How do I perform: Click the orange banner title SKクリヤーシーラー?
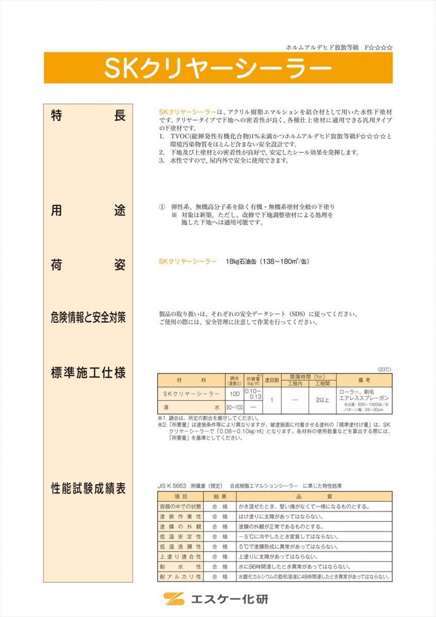pyautogui.click(x=217, y=68)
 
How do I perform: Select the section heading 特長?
pyautogui.click(x=88, y=116)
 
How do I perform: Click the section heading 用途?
pyautogui.click(x=88, y=211)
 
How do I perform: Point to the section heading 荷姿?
pyautogui.click(x=88, y=265)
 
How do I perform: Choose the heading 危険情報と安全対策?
pyautogui.click(x=88, y=318)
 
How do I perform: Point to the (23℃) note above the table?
pyautogui.click(x=384, y=369)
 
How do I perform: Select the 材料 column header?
pyautogui.click(x=191, y=380)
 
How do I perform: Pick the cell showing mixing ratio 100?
pyautogui.click(x=235, y=394)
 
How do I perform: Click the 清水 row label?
pyautogui.click(x=191, y=407)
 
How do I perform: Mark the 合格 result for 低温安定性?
pyautogui.click(x=220, y=537)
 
